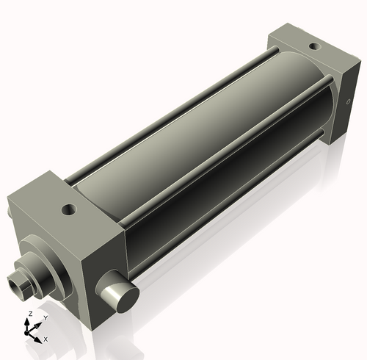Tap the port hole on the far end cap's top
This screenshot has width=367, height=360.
tap(313, 47)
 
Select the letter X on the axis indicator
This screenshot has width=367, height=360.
tap(46, 339)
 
